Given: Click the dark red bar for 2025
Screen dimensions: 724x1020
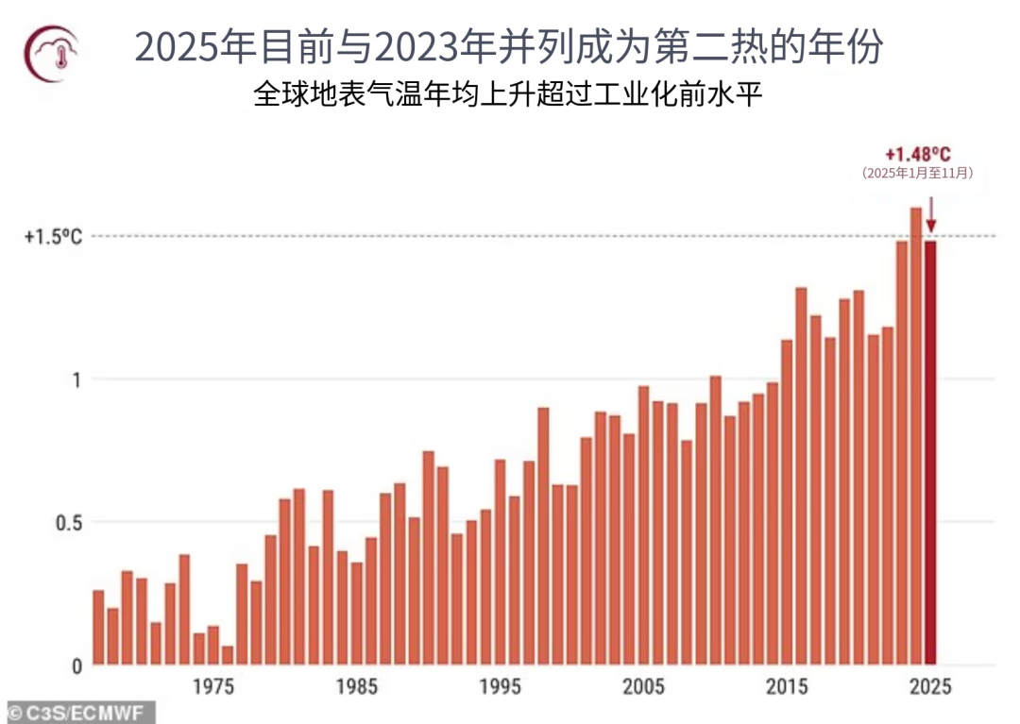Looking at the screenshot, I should (x=930, y=453).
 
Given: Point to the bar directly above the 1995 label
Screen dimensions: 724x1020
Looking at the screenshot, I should (x=500, y=563).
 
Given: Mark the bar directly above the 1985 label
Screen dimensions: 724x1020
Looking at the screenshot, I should (x=357, y=614).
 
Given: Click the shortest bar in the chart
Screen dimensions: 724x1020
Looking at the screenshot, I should (x=228, y=655).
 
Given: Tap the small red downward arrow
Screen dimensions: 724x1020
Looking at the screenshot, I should (x=930, y=213).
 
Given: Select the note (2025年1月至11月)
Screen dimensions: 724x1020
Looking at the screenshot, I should (x=917, y=174).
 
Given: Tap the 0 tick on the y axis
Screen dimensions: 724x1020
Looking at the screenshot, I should (x=76, y=665).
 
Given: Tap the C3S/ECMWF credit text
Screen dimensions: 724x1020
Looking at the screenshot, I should (x=76, y=712).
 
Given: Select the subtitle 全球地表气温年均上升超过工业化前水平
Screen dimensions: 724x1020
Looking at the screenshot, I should (x=508, y=95).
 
